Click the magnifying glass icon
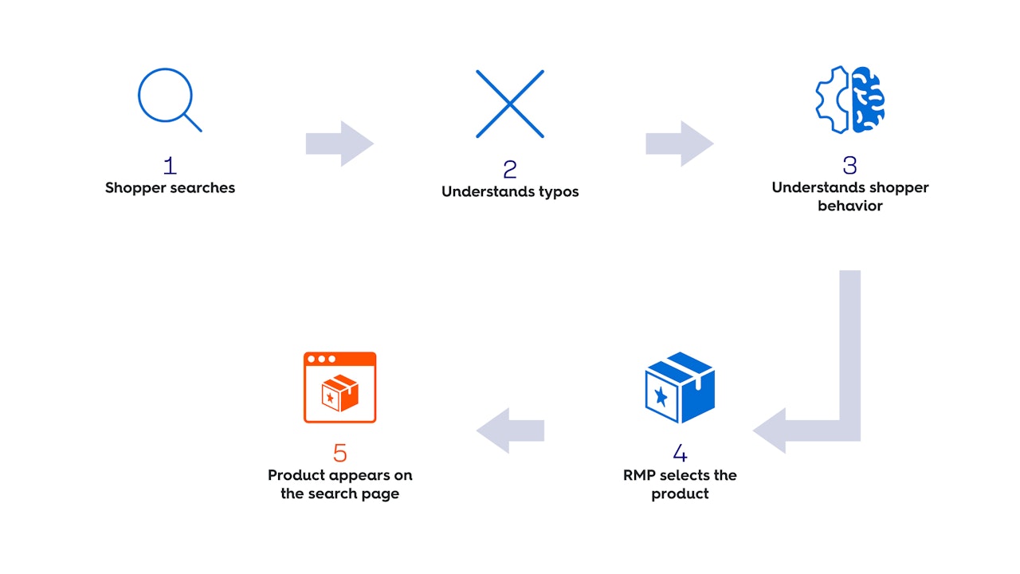point(167,98)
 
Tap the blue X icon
point(510,104)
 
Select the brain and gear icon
point(850,100)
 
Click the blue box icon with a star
point(680,387)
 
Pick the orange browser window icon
point(339,387)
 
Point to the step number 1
point(170,166)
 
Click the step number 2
point(510,169)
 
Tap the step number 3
point(849,166)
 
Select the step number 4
point(680,453)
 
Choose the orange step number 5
point(340,453)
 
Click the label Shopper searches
point(170,188)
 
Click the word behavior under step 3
point(850,206)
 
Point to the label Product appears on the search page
point(340,484)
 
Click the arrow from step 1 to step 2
point(339,143)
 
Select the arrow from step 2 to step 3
point(680,143)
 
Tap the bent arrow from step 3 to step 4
point(849,399)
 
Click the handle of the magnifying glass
point(194,124)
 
